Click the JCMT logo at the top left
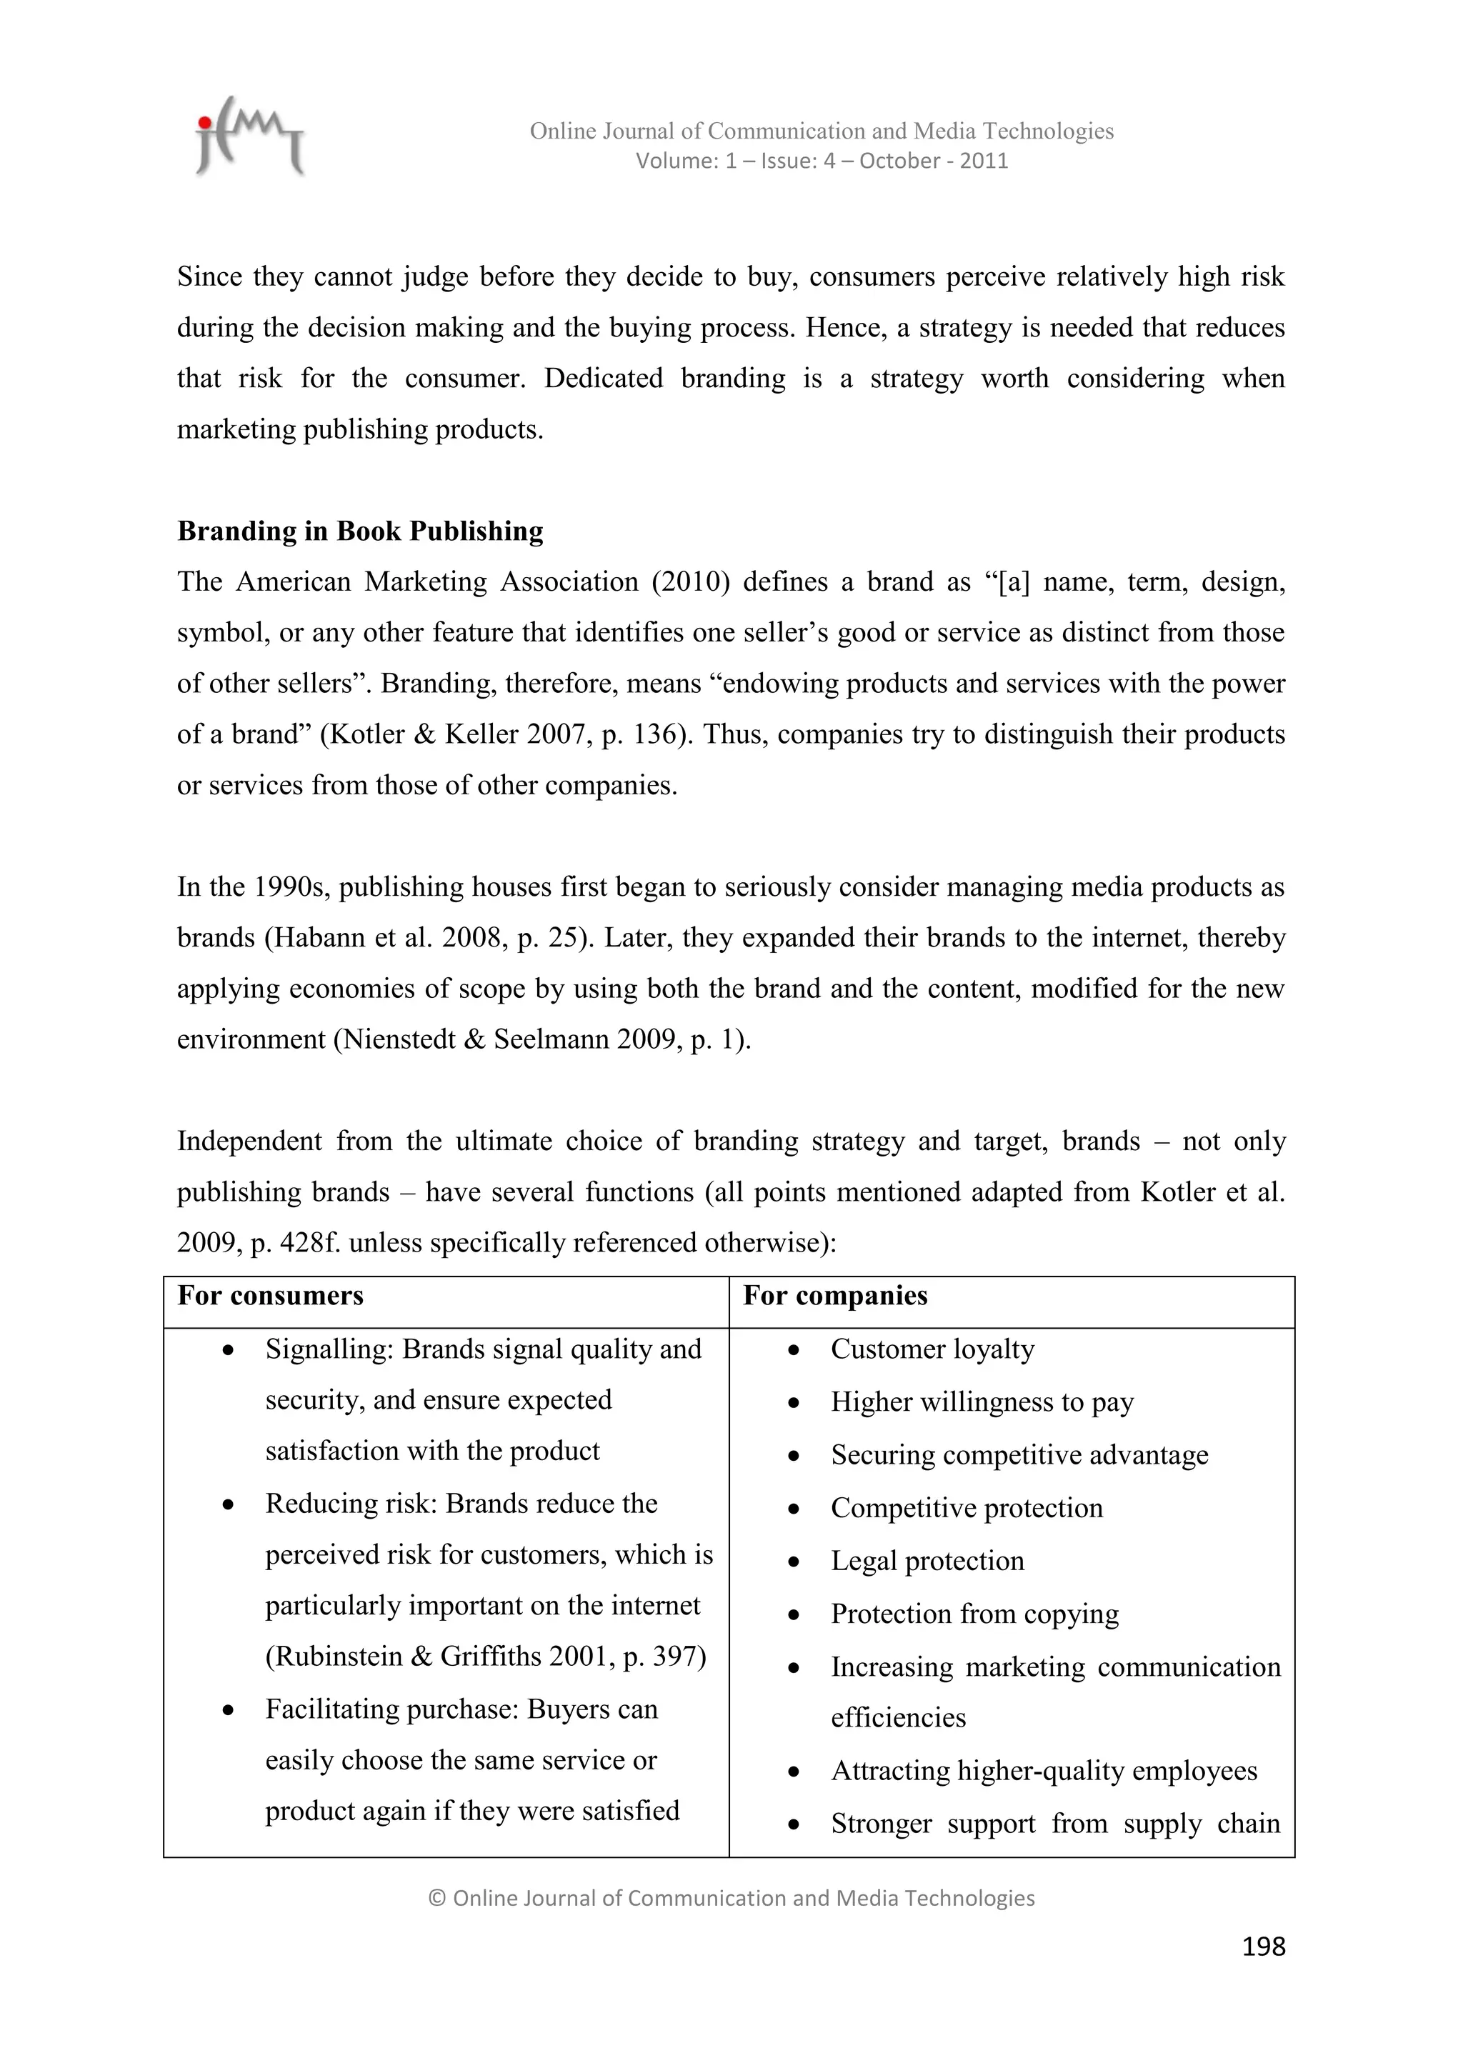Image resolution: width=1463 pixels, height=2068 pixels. tap(249, 137)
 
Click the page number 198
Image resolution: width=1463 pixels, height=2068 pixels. tap(1263, 1947)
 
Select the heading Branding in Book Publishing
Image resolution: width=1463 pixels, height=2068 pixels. tap(360, 531)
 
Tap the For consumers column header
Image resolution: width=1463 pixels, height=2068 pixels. tap(270, 1296)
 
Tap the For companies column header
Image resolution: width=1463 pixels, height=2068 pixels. tap(835, 1296)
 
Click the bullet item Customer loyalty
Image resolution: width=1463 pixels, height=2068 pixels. tap(932, 1349)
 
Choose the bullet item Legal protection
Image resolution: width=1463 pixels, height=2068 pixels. tap(927, 1561)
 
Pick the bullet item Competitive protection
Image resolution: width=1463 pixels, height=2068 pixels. tap(966, 1508)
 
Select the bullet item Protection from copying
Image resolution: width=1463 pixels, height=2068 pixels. tap(974, 1614)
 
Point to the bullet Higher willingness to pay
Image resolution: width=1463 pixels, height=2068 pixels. tap(982, 1402)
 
